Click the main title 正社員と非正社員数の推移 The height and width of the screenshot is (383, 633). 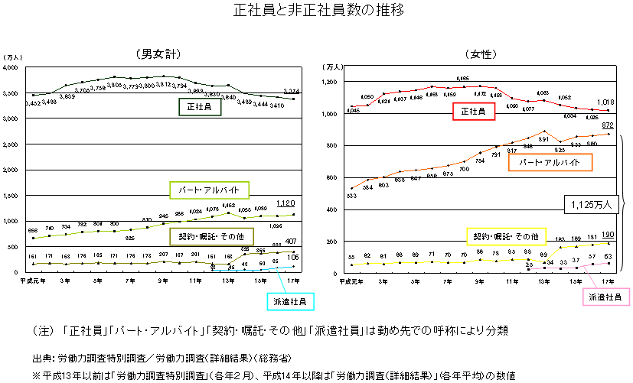(x=317, y=11)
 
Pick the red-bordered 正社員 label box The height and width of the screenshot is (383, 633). (x=472, y=112)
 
